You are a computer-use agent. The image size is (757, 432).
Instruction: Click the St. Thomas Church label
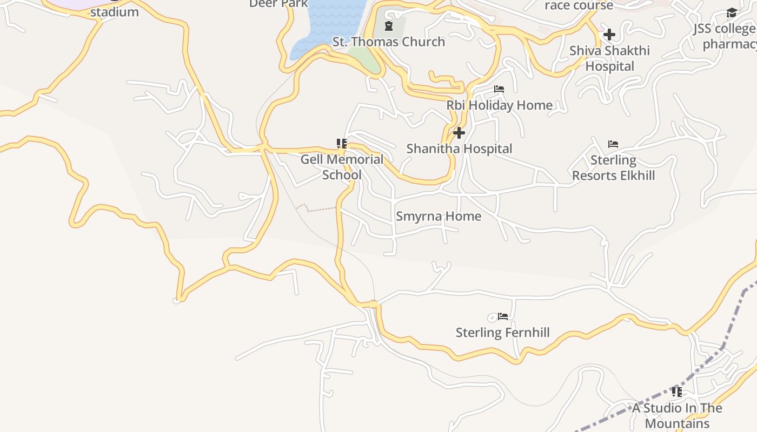click(x=388, y=42)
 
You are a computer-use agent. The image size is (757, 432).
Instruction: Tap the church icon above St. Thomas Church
click(x=388, y=26)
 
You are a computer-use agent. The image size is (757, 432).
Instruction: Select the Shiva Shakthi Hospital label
click(x=609, y=58)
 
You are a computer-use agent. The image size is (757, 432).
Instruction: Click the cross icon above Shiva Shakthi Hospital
click(x=609, y=35)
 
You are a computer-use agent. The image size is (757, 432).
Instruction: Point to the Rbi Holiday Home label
click(x=499, y=105)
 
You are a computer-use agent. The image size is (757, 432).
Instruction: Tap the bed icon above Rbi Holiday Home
click(x=499, y=89)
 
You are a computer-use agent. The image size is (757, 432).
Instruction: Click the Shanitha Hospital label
click(x=459, y=148)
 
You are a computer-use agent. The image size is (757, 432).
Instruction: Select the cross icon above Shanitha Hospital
click(x=459, y=133)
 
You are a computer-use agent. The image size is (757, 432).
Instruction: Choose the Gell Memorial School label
click(x=342, y=167)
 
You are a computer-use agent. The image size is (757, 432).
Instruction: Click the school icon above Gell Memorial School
click(x=342, y=144)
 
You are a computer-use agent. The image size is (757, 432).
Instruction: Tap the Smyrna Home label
click(x=439, y=217)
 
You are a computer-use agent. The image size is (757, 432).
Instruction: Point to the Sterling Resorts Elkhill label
click(x=613, y=168)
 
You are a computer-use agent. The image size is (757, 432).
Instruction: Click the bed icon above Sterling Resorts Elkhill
click(x=613, y=144)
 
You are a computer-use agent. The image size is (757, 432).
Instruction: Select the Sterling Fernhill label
click(x=502, y=333)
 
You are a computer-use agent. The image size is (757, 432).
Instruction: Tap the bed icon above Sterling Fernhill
click(x=503, y=316)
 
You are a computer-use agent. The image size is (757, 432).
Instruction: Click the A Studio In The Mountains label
click(x=677, y=415)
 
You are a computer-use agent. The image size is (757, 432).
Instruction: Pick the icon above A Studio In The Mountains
click(x=676, y=392)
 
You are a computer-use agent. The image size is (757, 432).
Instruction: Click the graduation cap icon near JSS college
click(x=732, y=13)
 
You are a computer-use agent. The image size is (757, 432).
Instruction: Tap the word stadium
click(x=114, y=12)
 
